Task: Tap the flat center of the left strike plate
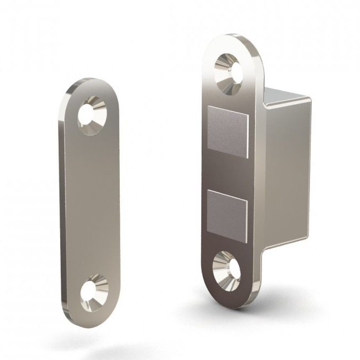point(91,202)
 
